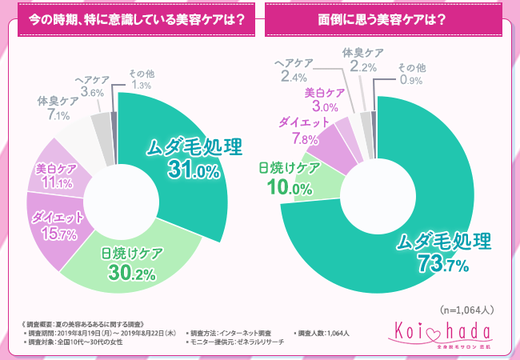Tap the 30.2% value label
tap(133, 274)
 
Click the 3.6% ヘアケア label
tap(92, 86)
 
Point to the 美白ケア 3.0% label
tap(325, 100)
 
